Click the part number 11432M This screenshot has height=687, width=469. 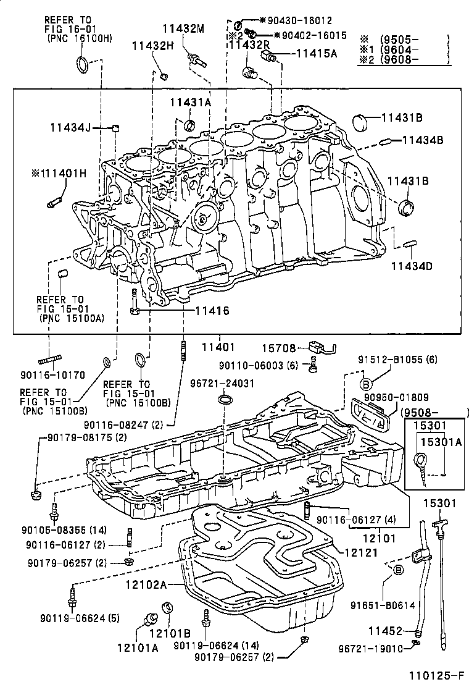[x=183, y=30]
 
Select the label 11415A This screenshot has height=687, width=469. [x=317, y=54]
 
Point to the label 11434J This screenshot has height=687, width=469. [x=70, y=127]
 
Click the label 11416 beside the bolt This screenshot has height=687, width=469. [x=212, y=311]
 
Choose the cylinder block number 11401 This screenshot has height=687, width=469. [x=218, y=347]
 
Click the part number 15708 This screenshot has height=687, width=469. [x=279, y=348]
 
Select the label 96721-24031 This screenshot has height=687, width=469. [x=222, y=384]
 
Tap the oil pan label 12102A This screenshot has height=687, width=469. [x=146, y=584]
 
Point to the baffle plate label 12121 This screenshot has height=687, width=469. [x=361, y=553]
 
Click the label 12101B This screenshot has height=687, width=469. [x=170, y=633]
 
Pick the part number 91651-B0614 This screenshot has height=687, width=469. [x=383, y=605]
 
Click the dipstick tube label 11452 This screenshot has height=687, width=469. [x=385, y=631]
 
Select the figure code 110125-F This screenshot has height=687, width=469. [x=436, y=675]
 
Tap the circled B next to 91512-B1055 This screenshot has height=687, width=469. [x=366, y=384]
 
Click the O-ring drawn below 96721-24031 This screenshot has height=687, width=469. [x=225, y=400]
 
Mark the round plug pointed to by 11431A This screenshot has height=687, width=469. [x=190, y=125]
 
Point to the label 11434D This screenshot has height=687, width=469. [x=411, y=266]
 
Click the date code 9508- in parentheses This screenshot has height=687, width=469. [x=420, y=412]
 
